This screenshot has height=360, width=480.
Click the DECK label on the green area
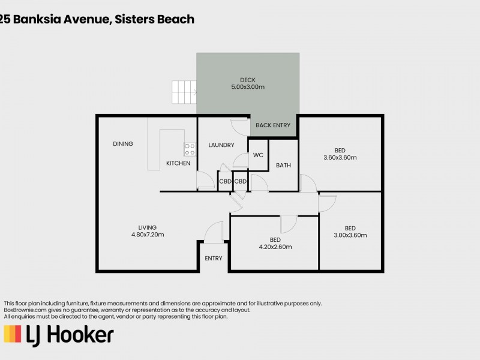click(x=248, y=80)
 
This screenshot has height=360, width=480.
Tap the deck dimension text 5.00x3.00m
click(x=248, y=87)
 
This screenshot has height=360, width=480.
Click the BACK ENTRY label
click(x=273, y=125)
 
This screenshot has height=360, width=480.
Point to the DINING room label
click(x=122, y=144)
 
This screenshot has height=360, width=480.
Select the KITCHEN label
click(x=178, y=163)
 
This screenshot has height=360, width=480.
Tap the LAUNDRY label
click(x=221, y=145)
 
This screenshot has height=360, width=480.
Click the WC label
click(x=258, y=155)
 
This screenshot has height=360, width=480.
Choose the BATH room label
click(x=283, y=166)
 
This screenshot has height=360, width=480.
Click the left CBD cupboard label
click(x=225, y=181)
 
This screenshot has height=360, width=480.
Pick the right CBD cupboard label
click(x=241, y=181)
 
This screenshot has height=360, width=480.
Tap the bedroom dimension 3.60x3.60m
click(x=340, y=158)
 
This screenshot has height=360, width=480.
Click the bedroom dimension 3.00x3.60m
click(x=350, y=235)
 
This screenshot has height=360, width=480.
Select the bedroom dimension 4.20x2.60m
click(x=275, y=247)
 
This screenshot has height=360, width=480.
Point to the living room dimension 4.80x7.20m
click(x=147, y=235)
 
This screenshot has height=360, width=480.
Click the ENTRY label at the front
click(x=213, y=259)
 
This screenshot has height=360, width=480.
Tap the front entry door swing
click(x=213, y=232)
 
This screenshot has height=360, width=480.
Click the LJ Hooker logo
click(x=59, y=335)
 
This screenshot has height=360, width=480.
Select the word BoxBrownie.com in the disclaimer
click(x=25, y=310)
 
